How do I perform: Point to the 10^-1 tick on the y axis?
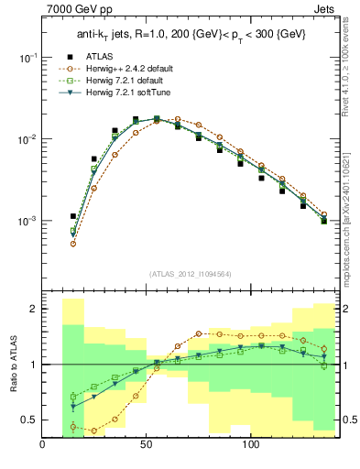pyautogui.click(x=26, y=57)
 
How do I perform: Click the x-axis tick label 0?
pyautogui.click(x=43, y=446)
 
